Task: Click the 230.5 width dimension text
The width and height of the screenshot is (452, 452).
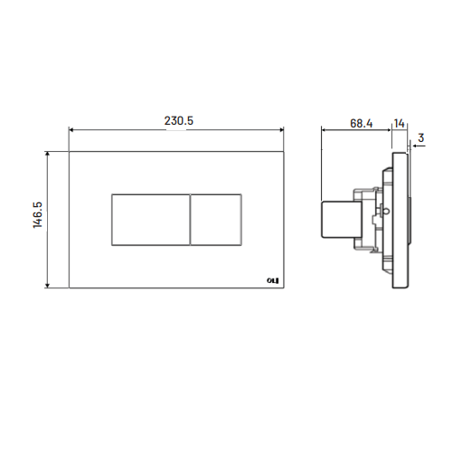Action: pyautogui.click(x=177, y=118)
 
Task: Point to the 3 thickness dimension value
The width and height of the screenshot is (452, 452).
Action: pyautogui.click(x=421, y=137)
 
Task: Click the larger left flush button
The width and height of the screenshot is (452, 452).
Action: pyautogui.click(x=149, y=220)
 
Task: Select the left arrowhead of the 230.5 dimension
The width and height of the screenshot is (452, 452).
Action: pyautogui.click(x=72, y=129)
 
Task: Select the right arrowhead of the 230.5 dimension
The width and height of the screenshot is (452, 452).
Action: pyautogui.click(x=283, y=129)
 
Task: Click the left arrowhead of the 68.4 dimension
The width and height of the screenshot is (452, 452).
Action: pyautogui.click(x=325, y=129)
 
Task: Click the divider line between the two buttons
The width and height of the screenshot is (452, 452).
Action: pyautogui.click(x=190, y=220)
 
